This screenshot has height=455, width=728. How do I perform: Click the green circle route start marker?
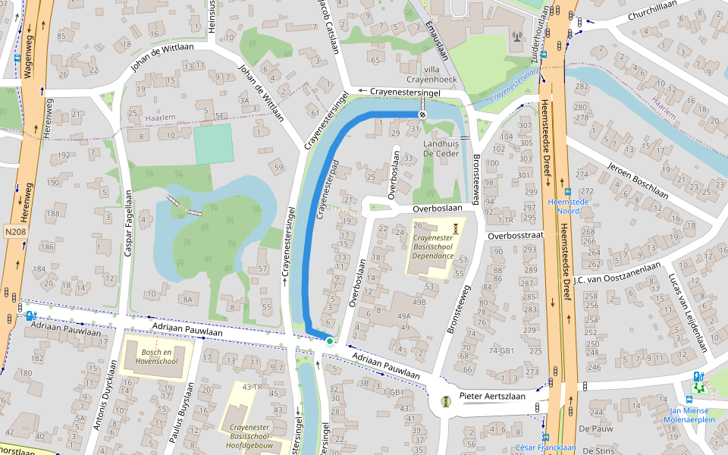tap(330, 341)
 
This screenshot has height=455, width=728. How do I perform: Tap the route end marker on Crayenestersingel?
tap(422, 114)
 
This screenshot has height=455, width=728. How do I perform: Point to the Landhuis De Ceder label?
tap(441, 148)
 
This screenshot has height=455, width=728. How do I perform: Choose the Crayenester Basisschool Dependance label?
tap(432, 246)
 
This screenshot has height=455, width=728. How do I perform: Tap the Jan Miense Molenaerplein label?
tap(689, 414)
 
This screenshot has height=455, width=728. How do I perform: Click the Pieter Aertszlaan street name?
tap(492, 396)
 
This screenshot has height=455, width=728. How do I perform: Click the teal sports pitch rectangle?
tap(213, 144)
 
